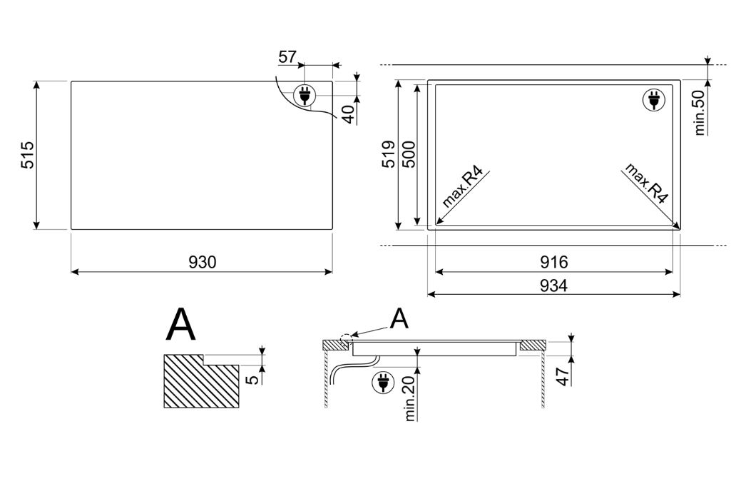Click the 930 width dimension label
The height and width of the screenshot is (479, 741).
click(203, 261)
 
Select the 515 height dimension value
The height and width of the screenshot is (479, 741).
click(27, 155)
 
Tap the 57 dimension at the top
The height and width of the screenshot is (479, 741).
click(287, 57)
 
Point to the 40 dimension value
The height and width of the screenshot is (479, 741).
click(348, 114)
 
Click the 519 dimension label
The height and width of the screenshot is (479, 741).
click(389, 154)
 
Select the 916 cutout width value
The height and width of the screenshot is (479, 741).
click(553, 261)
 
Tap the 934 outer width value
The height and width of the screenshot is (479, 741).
click(553, 285)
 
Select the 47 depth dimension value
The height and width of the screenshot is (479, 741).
click(563, 376)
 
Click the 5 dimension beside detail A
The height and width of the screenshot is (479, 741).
click(253, 379)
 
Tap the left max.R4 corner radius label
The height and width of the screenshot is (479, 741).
click(463, 188)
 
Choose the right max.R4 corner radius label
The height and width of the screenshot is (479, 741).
click(646, 183)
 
